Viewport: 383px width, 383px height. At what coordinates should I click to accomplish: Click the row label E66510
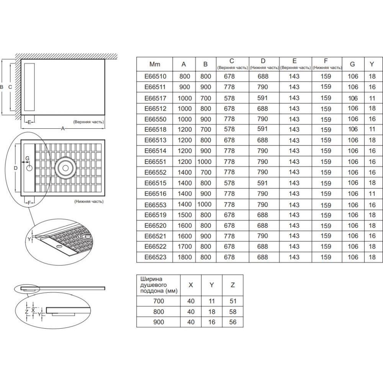point(155,76)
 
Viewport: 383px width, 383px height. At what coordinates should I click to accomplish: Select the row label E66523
point(155,257)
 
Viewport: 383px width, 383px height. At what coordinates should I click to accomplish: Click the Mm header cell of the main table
point(155,64)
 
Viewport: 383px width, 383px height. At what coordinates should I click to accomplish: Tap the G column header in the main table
point(352,64)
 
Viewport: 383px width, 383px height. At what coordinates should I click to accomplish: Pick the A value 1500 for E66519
point(185,215)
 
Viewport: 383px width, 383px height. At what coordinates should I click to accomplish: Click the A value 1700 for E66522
point(185,246)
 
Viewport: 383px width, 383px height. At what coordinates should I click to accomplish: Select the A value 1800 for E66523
point(185,257)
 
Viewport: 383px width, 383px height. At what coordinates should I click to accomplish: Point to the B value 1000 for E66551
point(205,162)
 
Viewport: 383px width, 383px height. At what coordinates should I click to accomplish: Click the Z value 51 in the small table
point(233,301)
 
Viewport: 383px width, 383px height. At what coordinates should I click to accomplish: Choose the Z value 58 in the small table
point(233,312)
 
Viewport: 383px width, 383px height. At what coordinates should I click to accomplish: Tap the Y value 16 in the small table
point(212,322)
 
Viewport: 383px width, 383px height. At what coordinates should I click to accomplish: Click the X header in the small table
point(191,285)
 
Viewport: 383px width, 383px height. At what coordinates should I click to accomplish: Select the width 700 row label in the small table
point(159,301)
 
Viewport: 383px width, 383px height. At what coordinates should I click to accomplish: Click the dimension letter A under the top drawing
point(63,128)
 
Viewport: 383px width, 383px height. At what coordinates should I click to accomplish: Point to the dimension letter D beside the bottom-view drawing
point(15,168)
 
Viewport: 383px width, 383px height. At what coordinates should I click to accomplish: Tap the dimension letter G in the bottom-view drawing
point(27,158)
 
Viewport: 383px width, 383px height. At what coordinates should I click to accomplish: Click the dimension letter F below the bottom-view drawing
point(29,203)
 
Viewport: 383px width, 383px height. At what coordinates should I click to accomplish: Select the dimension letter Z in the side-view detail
point(27,311)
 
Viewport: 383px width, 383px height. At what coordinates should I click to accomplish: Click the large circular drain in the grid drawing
point(65,168)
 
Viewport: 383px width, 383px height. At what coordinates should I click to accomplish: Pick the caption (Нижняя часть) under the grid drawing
point(89,201)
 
